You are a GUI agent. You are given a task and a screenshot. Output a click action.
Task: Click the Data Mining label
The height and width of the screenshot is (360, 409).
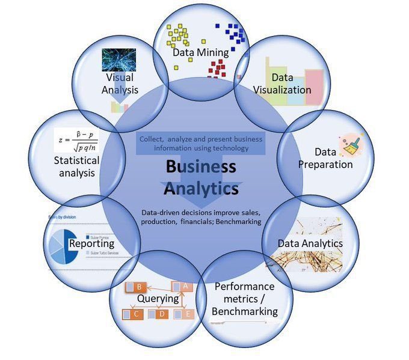[x=200, y=52]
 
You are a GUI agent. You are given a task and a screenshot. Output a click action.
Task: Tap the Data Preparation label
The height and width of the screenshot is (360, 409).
[x=325, y=158]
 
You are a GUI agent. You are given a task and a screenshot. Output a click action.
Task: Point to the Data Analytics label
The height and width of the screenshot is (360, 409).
[x=310, y=243]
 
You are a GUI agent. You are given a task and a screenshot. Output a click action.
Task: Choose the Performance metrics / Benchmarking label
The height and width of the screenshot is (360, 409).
[x=244, y=299]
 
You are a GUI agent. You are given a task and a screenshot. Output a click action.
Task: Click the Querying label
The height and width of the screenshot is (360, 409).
[x=158, y=298]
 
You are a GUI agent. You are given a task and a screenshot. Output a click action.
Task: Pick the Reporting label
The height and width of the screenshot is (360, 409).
[x=91, y=243]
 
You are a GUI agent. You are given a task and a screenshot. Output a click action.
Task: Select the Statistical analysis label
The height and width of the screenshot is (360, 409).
[x=76, y=167]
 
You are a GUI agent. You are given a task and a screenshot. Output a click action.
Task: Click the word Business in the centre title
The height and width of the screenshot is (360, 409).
[x=201, y=166]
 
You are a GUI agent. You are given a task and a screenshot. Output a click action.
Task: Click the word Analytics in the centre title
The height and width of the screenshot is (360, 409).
[x=201, y=189]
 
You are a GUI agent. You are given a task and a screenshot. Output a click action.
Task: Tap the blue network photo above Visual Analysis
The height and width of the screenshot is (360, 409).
[x=118, y=60]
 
